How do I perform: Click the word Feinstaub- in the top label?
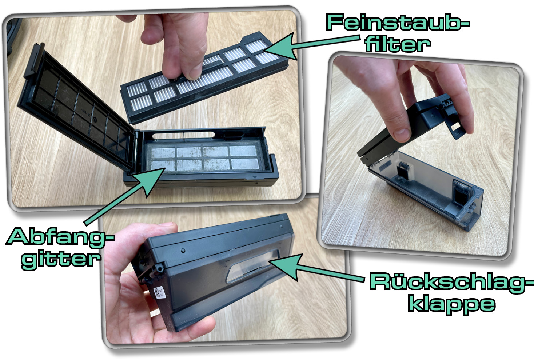click(398, 22)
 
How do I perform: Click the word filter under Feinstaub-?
click(398, 44)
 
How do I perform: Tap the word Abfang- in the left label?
click(60, 236)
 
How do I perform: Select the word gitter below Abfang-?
click(61, 259)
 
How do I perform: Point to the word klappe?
click(452, 304)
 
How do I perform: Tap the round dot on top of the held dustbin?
click(183, 251)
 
